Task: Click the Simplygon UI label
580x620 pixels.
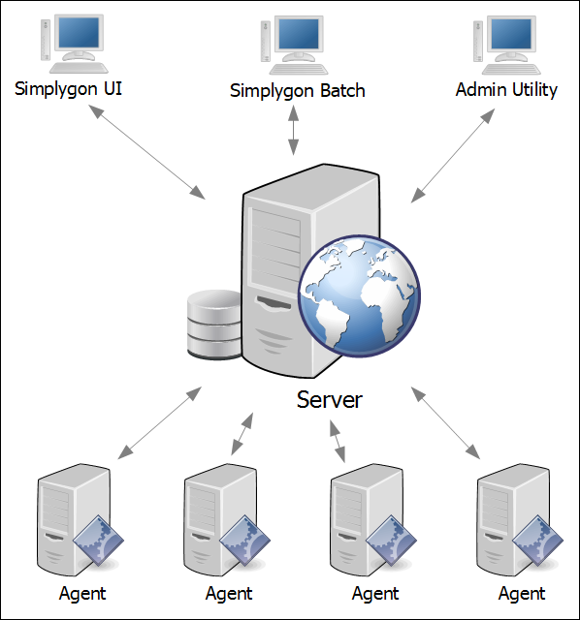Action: tap(68, 89)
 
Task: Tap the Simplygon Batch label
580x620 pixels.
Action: tap(298, 91)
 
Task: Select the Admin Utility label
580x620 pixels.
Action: tap(506, 90)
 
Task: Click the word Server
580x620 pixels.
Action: tap(330, 400)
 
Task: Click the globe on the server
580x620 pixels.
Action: tap(359, 295)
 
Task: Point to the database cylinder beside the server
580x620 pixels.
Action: tap(213, 325)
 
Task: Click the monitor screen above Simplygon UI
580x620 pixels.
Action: tap(79, 32)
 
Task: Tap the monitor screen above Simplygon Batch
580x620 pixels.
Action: tap(299, 34)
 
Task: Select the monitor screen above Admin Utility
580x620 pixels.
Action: tap(511, 34)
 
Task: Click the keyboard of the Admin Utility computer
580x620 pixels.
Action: tap(511, 69)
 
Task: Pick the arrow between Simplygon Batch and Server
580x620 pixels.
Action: tap(293, 130)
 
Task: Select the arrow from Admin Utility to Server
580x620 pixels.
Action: tap(453, 156)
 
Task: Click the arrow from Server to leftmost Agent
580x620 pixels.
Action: tap(160, 423)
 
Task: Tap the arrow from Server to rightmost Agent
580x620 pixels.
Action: tap(446, 423)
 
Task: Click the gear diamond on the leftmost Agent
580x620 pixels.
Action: tap(98, 541)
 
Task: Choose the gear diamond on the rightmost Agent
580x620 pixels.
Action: tap(537, 541)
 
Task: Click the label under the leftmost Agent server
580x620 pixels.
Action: tap(82, 594)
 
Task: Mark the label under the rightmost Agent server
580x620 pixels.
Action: tap(522, 594)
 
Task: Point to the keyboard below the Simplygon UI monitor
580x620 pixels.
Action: tap(79, 68)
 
